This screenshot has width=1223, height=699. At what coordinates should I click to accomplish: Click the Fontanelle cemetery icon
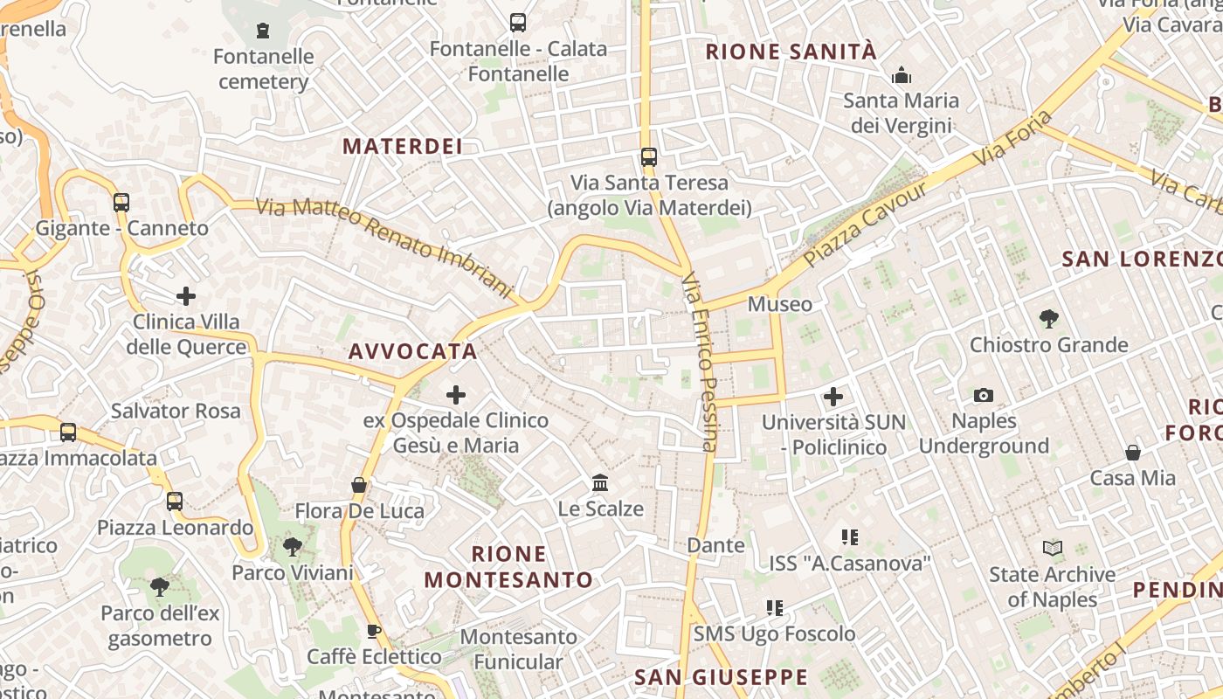tap(262, 31)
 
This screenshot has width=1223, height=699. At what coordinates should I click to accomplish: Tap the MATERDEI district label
tap(403, 146)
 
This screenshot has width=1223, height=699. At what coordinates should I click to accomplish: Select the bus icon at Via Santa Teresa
tap(648, 157)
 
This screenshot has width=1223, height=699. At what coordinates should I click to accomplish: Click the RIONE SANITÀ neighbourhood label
tap(791, 52)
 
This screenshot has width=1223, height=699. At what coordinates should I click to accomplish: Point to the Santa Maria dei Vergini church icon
tap(902, 75)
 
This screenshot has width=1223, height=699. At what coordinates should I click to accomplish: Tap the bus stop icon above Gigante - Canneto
tap(121, 203)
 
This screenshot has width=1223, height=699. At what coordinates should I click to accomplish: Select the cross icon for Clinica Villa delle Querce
tap(185, 296)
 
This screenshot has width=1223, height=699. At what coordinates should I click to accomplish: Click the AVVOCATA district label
tap(413, 351)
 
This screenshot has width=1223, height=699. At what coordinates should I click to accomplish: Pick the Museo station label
tap(780, 304)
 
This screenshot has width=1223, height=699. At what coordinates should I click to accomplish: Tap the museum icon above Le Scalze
tap(600, 482)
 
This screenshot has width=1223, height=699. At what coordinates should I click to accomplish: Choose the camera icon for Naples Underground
tap(984, 395)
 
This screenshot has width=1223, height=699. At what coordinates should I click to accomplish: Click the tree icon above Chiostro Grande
tap(1049, 319)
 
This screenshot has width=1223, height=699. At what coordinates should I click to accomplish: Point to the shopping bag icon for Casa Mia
tap(1133, 452)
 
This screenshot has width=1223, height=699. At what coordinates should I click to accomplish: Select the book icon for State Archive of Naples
tap(1053, 549)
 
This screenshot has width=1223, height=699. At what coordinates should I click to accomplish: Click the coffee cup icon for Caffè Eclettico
tap(374, 631)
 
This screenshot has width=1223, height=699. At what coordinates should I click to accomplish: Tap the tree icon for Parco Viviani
tap(292, 547)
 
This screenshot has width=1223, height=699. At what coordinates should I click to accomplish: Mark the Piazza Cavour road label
tap(865, 225)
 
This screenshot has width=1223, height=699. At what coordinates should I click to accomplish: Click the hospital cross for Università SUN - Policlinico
tap(833, 397)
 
